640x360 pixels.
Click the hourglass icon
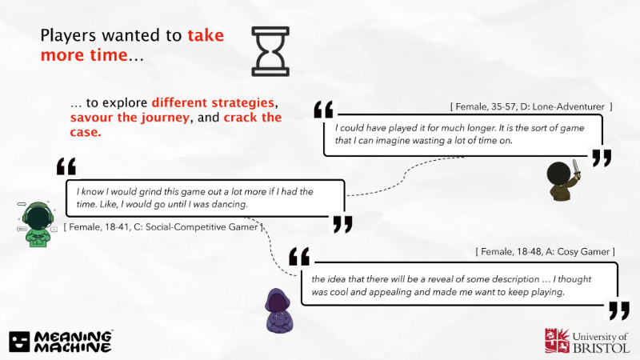coord(270,51)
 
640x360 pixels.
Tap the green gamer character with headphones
coord(38,224)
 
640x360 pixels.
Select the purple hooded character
coord(279,311)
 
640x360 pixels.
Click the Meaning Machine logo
coord(61,342)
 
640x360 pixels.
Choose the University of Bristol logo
coord(587,342)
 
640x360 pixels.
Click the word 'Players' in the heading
coord(68,36)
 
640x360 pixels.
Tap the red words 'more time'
coord(84,55)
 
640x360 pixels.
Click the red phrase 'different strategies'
coord(213,102)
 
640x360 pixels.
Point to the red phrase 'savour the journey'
coord(130,118)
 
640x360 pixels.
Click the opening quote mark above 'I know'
coord(66,166)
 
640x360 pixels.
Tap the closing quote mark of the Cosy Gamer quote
coord(618,310)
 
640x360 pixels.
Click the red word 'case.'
coord(86,132)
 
